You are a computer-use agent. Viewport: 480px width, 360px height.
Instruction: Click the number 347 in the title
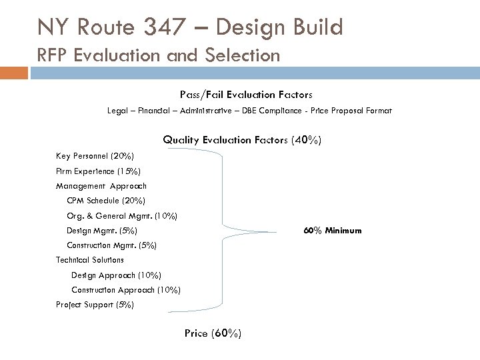202,27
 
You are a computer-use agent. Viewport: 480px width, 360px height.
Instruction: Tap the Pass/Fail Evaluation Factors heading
246,95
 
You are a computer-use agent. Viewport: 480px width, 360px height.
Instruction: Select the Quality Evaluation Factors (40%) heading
243,140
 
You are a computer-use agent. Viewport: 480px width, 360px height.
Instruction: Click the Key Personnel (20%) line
95,156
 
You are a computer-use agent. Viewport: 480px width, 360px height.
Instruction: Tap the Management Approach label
101,186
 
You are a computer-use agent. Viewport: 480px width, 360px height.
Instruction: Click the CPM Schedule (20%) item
105,201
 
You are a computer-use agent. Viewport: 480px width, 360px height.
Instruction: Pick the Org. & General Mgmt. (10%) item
121,216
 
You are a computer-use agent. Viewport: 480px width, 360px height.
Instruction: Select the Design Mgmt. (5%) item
101,231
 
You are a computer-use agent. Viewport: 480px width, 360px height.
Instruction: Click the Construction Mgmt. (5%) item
111,245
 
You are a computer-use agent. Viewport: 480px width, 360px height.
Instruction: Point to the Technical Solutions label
90,260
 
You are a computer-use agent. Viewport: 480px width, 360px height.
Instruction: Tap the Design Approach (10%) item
116,275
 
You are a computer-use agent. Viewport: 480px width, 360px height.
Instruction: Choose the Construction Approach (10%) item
125,290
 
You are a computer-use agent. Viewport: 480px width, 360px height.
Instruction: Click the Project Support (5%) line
95,305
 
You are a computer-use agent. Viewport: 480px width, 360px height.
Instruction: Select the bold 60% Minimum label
333,231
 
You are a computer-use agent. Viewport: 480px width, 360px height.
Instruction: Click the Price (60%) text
213,333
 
